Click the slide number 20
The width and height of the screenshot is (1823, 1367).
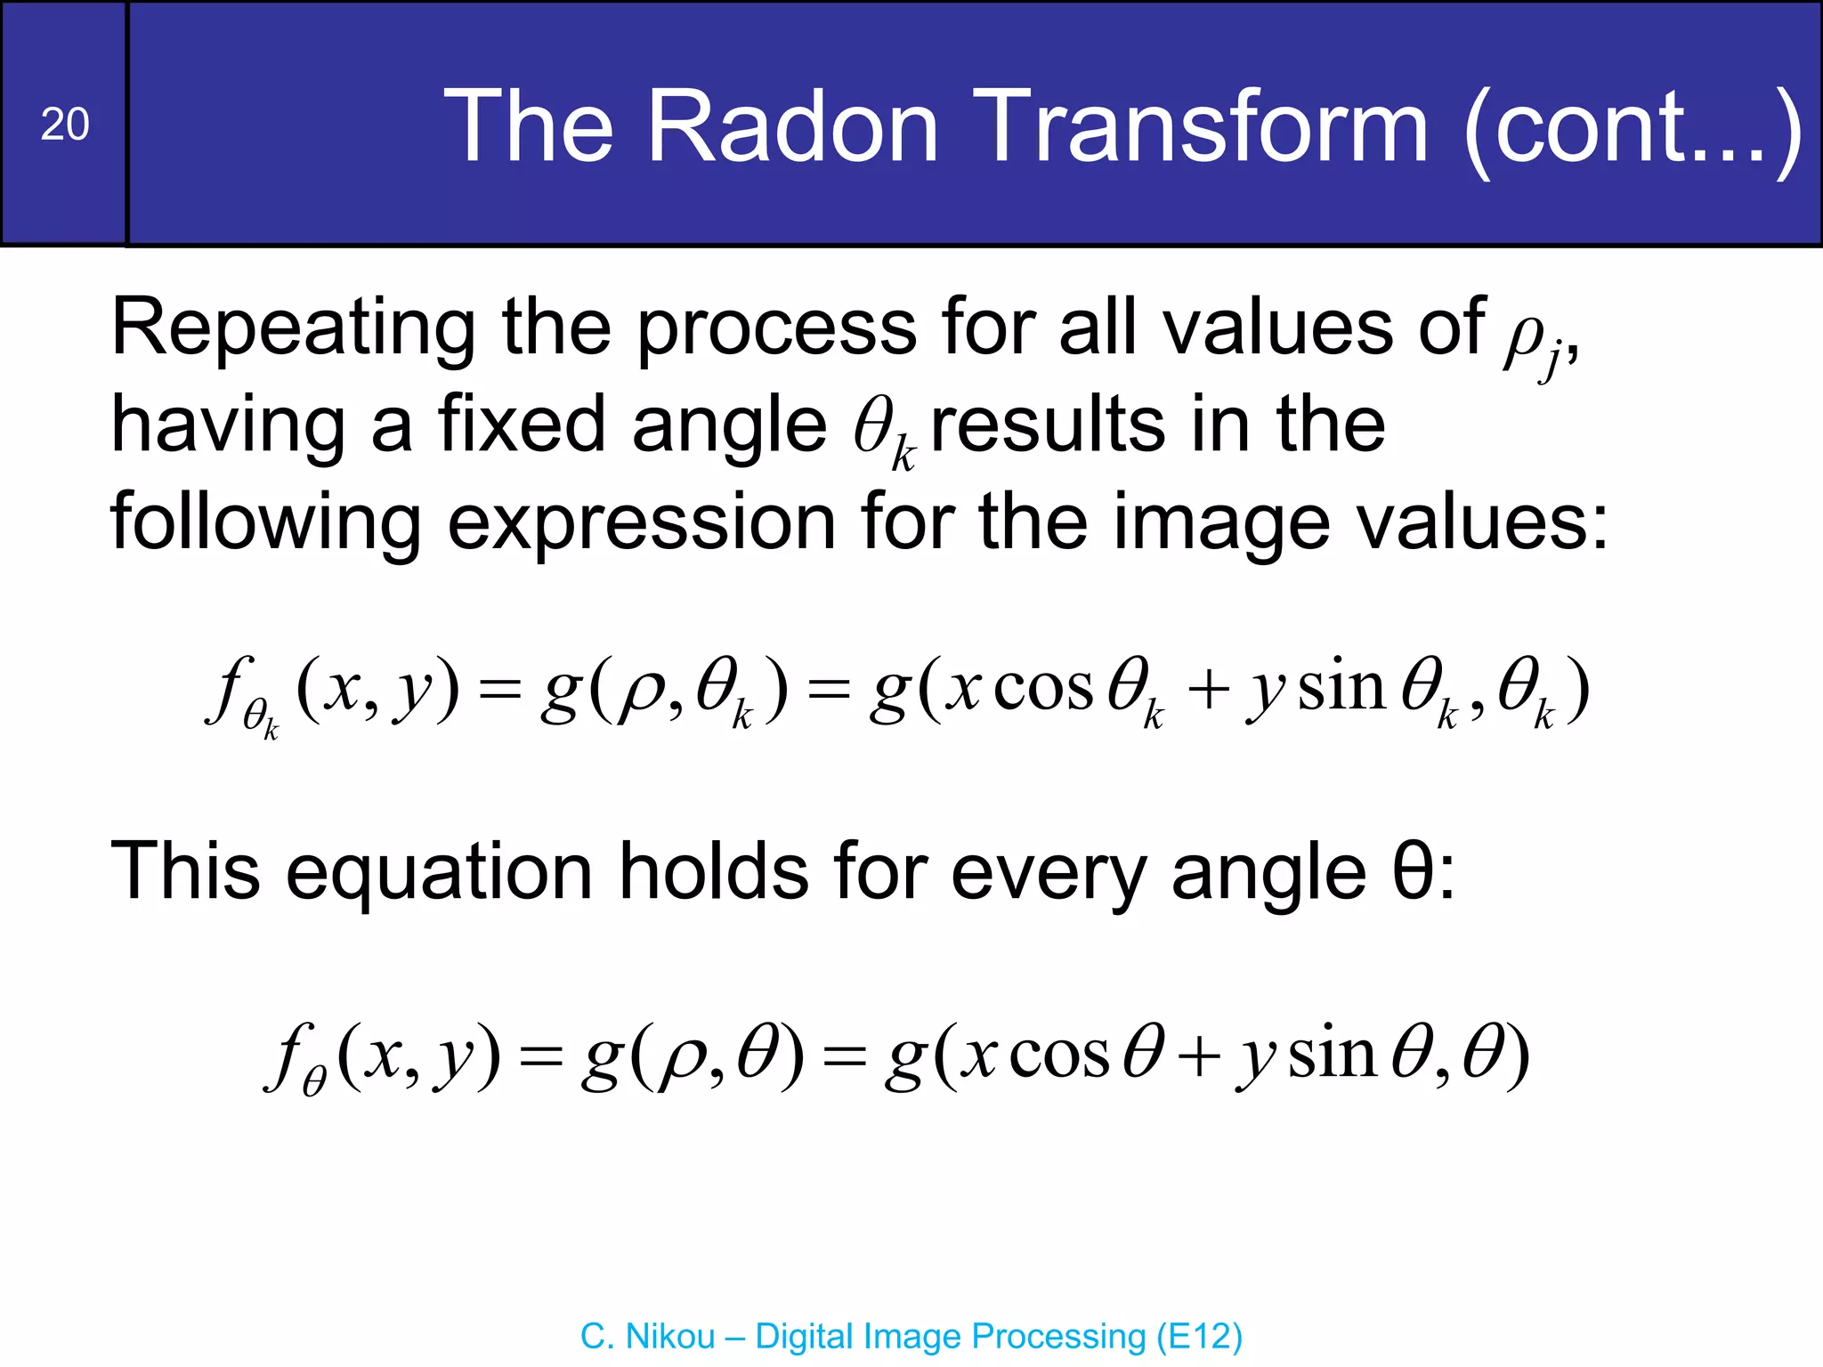click(x=65, y=125)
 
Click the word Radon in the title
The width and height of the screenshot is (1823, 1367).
click(x=792, y=127)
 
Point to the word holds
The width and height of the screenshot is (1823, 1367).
click(x=714, y=872)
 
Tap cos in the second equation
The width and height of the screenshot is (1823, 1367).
click(x=1059, y=1056)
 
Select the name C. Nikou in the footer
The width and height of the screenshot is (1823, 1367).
click(x=647, y=1337)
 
